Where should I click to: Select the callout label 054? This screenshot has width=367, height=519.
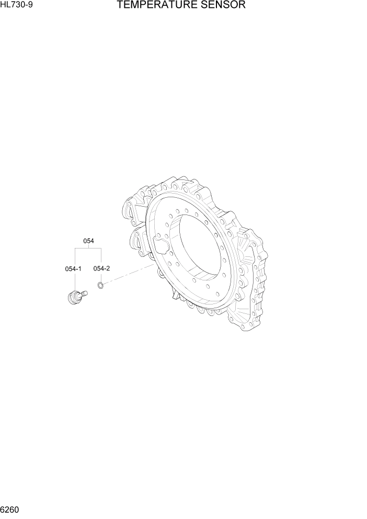[88, 241]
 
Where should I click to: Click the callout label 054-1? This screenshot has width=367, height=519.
[73, 269]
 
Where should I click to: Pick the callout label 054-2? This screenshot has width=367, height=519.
[101, 268]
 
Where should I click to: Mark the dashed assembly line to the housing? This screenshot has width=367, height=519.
[128, 275]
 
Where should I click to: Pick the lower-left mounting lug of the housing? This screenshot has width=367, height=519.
[135, 243]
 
